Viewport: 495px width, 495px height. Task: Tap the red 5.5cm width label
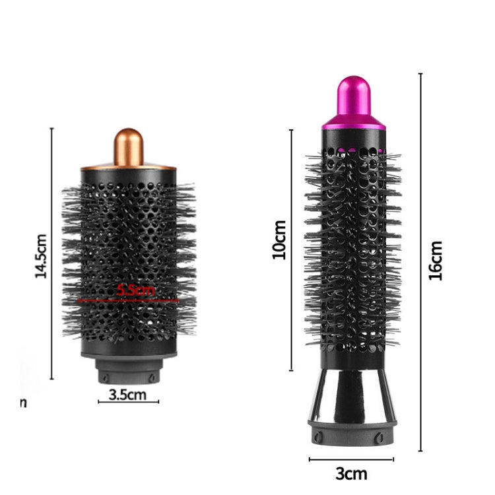tap(135, 290)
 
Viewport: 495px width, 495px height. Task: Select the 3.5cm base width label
tap(129, 395)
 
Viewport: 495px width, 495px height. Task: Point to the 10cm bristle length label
tap(280, 240)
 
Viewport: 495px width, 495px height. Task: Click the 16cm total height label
tap(436, 261)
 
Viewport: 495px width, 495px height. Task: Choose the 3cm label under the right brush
tap(350, 473)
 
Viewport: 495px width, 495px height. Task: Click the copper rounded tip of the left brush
tap(129, 147)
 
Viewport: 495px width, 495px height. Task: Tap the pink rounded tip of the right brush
tap(353, 98)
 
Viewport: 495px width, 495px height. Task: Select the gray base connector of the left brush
tap(129, 371)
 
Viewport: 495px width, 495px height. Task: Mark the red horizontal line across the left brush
tap(129, 301)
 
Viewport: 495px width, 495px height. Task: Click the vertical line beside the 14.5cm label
tap(51, 254)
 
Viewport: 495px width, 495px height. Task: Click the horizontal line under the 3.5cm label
tap(129, 401)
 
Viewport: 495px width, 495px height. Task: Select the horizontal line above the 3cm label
tap(350, 459)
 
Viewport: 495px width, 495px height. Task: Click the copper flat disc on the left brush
tap(129, 168)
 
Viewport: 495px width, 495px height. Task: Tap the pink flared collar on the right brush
tap(353, 123)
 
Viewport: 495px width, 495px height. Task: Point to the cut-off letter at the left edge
tap(22, 402)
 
